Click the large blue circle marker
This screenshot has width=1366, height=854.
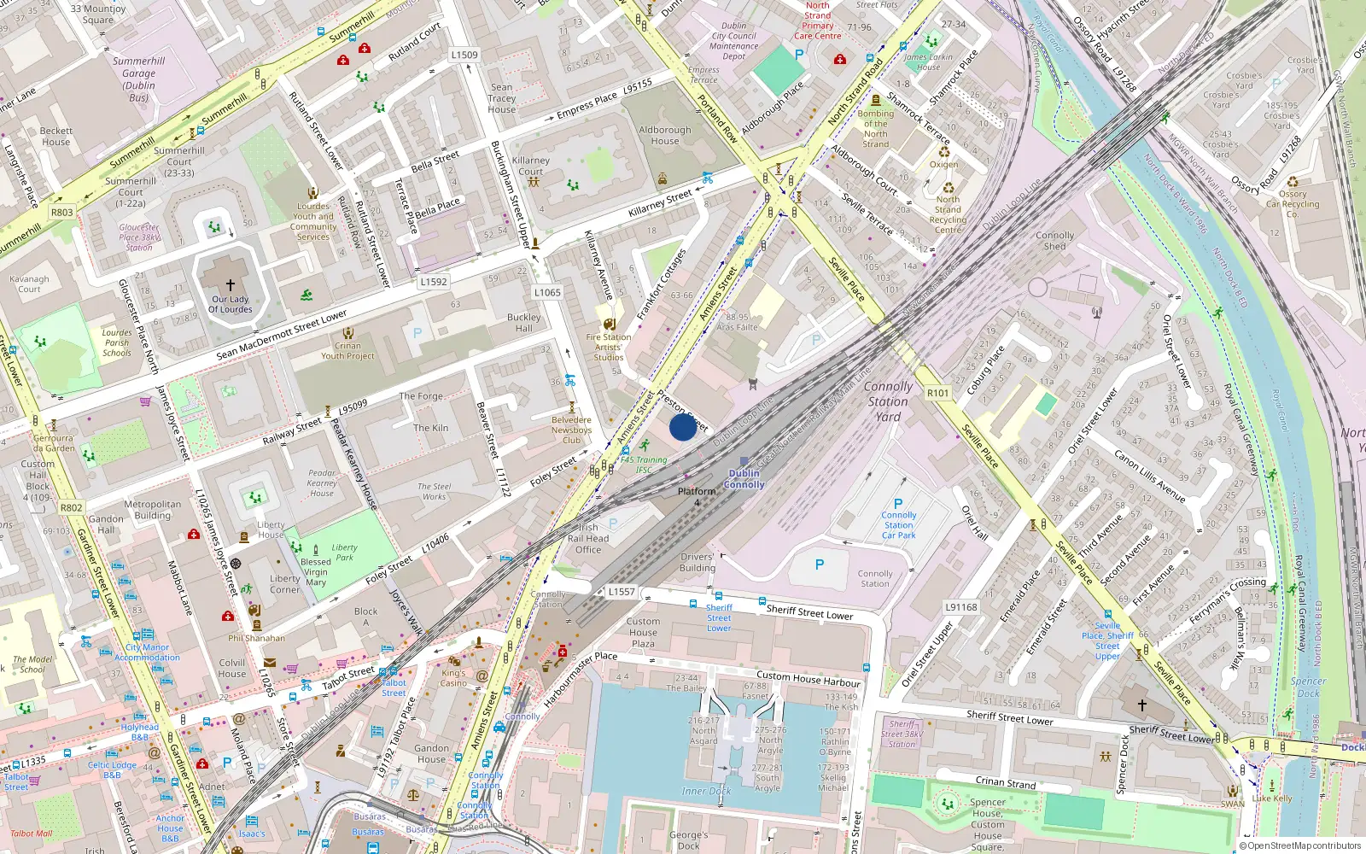tap(682, 426)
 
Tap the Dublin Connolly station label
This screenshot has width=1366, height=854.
tap(744, 479)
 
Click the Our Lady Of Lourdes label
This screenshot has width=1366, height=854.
tap(231, 304)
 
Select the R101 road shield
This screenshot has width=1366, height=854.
tap(937, 393)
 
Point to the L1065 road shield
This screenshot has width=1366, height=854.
tap(547, 292)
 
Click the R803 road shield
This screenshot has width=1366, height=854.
tap(62, 212)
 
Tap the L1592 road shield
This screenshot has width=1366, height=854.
tap(434, 282)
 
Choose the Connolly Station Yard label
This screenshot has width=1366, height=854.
tap(888, 401)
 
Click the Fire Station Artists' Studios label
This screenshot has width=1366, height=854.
tap(608, 347)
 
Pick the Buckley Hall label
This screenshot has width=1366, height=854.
tap(523, 323)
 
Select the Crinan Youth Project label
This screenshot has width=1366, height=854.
tap(347, 351)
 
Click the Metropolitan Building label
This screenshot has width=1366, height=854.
tap(153, 510)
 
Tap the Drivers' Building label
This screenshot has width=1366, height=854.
tap(698, 563)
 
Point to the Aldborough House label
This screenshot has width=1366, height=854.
tap(665, 136)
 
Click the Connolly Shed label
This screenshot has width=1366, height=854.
tap(1055, 241)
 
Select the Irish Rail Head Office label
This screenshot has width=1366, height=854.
tap(588, 539)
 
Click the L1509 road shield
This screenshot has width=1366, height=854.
tap(464, 55)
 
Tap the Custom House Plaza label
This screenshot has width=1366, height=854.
tap(643, 633)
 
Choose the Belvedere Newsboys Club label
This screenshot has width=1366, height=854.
tap(571, 430)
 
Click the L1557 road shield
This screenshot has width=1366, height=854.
tap(622, 592)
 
